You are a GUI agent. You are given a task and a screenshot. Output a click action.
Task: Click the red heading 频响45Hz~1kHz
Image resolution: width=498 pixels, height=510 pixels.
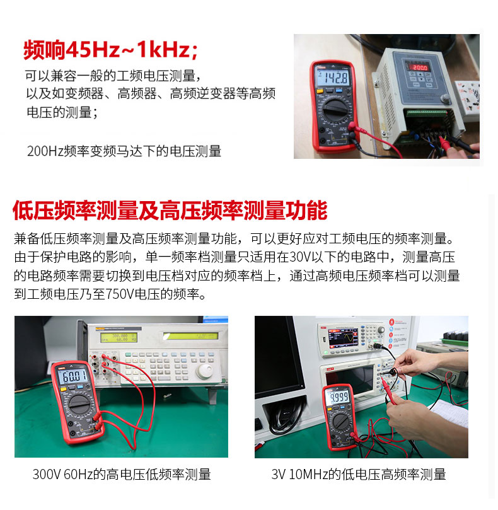point(110,50)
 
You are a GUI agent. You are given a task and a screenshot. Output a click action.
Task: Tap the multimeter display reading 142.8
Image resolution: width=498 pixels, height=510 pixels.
point(333,78)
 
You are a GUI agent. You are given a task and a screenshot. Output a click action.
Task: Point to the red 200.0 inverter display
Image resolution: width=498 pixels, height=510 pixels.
point(419,67)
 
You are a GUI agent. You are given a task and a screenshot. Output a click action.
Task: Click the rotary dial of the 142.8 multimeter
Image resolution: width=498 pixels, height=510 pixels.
point(334,110)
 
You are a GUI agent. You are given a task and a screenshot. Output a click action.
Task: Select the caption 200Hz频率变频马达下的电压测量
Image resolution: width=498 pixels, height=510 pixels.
point(124,151)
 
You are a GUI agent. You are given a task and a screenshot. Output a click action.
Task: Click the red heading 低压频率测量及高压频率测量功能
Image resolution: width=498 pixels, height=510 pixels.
point(170,211)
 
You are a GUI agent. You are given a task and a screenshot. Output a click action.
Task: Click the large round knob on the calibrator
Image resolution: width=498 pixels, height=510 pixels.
point(204,371)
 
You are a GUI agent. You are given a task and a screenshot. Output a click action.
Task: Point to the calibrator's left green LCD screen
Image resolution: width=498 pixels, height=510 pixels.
point(119,337)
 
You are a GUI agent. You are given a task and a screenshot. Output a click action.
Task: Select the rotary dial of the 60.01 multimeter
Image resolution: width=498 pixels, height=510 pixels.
point(79,405)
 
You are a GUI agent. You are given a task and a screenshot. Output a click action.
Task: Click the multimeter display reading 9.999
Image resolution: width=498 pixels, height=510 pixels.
point(339,397)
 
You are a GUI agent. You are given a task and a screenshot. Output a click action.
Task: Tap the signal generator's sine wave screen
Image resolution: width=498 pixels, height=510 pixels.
point(343,338)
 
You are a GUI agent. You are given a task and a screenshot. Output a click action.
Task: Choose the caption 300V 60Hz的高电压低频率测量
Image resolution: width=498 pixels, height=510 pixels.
point(122,474)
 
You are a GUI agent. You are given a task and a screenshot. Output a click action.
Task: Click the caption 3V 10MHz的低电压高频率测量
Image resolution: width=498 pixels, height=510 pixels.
point(359,474)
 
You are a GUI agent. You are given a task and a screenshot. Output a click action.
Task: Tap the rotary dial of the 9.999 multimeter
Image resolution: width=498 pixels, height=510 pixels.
point(340,421)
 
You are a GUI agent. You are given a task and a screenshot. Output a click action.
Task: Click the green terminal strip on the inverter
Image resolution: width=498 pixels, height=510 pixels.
point(426,113)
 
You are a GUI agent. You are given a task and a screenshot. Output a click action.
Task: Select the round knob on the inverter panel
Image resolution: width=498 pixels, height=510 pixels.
point(444,98)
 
